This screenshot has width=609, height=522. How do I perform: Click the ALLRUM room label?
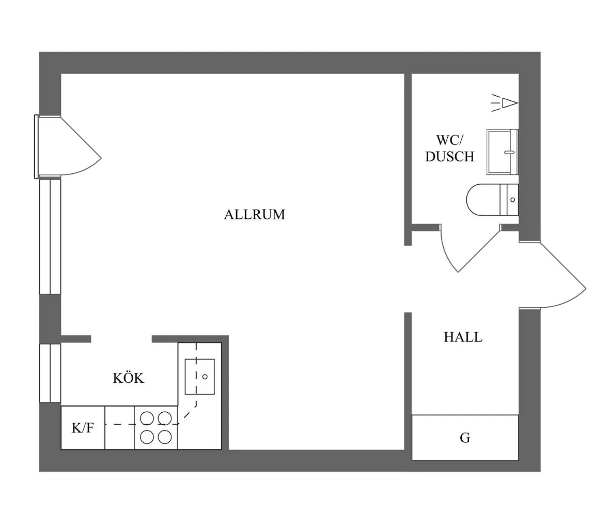254,214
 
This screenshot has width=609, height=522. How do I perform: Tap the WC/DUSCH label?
449,148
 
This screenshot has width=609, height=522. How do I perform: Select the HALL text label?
463,337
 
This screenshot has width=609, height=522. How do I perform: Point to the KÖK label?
129,378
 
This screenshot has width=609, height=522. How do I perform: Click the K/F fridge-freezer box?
83,428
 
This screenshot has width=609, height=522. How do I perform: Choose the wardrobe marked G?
465,438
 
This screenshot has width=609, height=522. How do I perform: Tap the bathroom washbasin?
502,152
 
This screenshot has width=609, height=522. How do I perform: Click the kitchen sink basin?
200,376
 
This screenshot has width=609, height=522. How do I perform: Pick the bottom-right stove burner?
165,437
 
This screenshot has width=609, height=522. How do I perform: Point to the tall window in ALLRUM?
50,235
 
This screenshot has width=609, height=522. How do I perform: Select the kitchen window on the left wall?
50,372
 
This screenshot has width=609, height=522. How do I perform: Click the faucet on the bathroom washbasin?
509,153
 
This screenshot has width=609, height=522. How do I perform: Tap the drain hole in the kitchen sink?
205,377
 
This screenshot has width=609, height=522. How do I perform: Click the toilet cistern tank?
509,199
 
